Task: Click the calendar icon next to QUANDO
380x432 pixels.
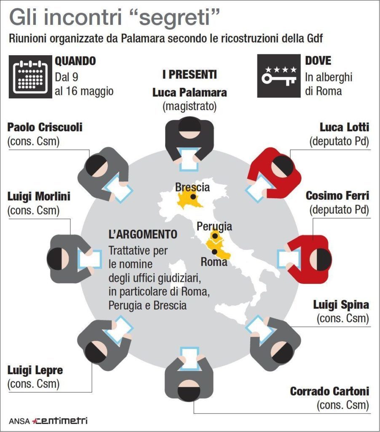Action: (x=30, y=77)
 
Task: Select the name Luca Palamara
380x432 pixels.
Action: (x=190, y=92)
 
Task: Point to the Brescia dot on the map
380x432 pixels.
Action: (x=193, y=197)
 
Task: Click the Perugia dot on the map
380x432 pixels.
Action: (x=214, y=236)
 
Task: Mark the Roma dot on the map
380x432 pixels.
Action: (x=214, y=251)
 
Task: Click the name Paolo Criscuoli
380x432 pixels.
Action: (x=45, y=127)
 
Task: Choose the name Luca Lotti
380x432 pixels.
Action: (x=344, y=127)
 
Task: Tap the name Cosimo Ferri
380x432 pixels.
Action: (x=337, y=196)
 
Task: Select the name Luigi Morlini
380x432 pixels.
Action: (x=39, y=197)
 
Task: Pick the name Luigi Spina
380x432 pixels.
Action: (x=341, y=305)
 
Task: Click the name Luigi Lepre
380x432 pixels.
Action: (x=35, y=370)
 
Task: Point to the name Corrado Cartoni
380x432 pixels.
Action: (x=329, y=391)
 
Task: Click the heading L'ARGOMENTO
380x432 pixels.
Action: (x=143, y=234)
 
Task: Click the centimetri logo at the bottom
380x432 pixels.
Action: (x=60, y=421)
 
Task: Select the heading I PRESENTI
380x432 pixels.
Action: (x=190, y=74)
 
